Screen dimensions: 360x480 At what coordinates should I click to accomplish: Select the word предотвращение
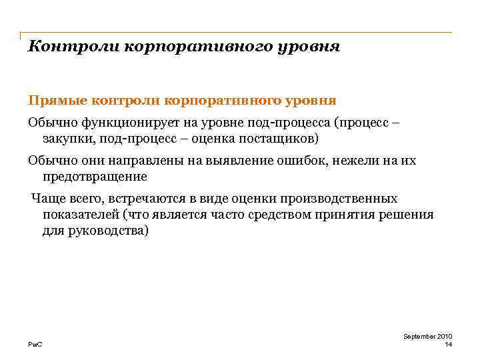(x=95, y=177)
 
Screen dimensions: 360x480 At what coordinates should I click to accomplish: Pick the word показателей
(x=82, y=215)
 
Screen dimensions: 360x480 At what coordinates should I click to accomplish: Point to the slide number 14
(x=448, y=344)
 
